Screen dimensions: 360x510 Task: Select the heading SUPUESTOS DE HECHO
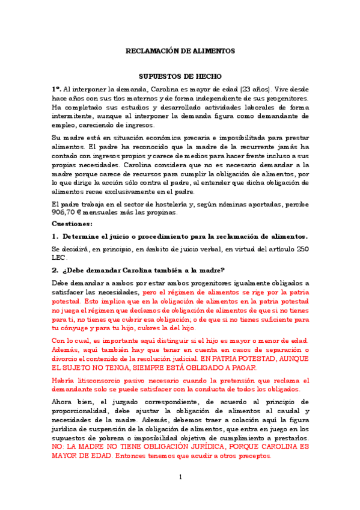pyautogui.click(x=180, y=76)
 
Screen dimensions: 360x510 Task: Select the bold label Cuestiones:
pyautogui.click(x=71, y=223)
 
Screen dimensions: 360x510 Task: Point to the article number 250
pyautogui.click(x=303, y=248)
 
